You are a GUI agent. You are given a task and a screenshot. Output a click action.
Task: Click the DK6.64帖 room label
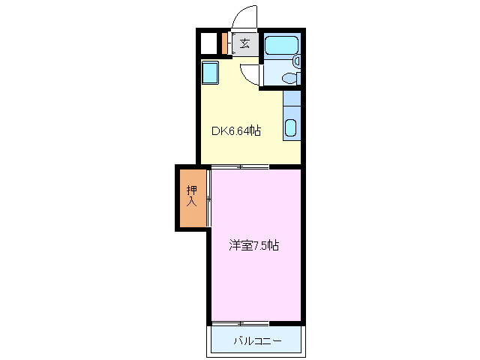point(235,131)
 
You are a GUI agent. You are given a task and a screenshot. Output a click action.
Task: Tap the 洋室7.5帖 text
point(254,245)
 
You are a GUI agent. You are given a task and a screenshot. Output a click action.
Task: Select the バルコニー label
point(256,341)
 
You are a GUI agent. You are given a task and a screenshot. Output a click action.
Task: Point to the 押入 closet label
point(192,196)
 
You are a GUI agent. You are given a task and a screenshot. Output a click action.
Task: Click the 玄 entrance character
point(245,43)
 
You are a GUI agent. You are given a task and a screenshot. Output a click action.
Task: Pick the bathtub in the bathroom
point(282,44)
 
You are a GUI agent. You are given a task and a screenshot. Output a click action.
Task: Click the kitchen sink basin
point(291,127)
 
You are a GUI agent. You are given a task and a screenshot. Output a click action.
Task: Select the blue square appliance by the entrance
point(210,73)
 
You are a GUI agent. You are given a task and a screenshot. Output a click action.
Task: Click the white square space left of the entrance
point(209,43)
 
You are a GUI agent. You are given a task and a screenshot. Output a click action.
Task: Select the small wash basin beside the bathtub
point(296,60)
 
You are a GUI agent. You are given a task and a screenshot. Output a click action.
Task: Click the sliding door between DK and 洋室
point(240,166)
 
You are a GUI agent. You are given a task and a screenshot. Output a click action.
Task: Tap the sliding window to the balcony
point(240,323)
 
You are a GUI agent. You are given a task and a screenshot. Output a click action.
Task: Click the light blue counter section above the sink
point(292,98)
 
